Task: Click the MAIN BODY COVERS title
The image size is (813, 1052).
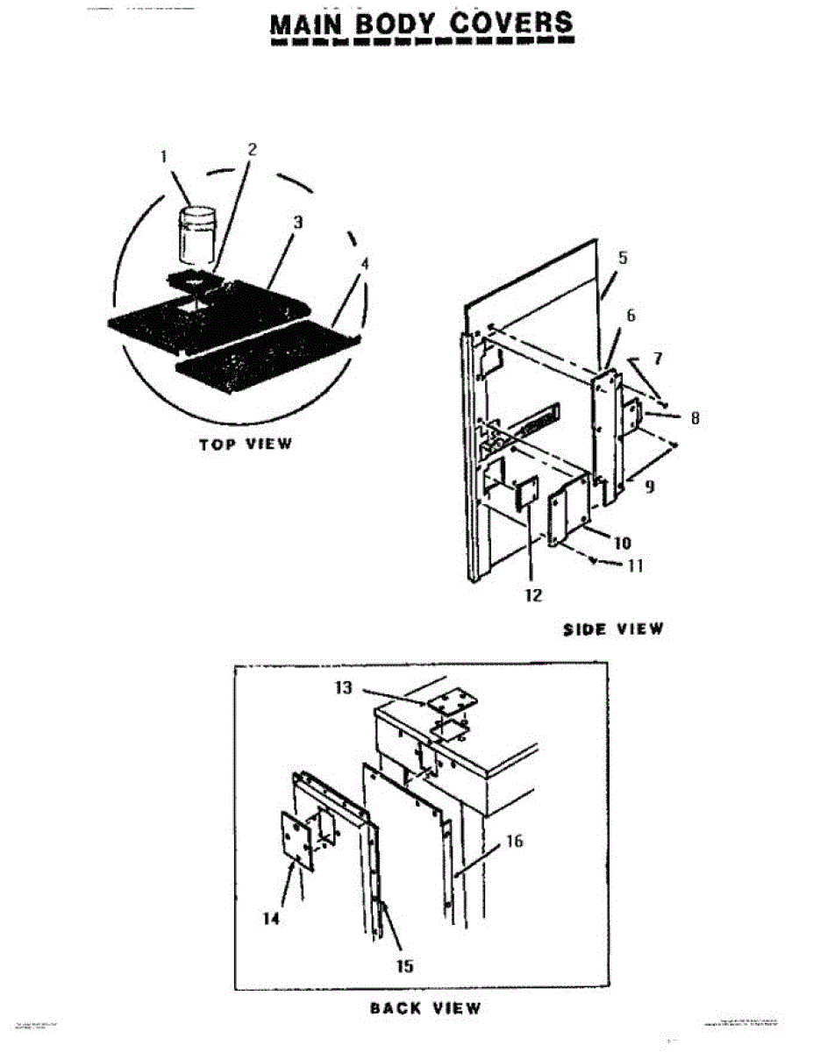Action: (421, 24)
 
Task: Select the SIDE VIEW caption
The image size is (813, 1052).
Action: (613, 629)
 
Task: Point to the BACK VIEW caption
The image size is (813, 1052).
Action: (425, 1007)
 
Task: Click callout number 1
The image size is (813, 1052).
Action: (163, 157)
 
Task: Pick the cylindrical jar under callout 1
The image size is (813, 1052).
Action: (196, 234)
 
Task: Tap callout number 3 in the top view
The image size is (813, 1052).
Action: (297, 223)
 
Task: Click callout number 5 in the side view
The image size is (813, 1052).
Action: (623, 258)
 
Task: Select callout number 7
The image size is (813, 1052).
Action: (658, 359)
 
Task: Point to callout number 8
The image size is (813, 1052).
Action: (695, 419)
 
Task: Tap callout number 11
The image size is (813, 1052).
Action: (635, 566)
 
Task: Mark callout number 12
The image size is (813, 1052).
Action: (533, 595)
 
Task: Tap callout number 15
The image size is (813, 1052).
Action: (404, 965)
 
